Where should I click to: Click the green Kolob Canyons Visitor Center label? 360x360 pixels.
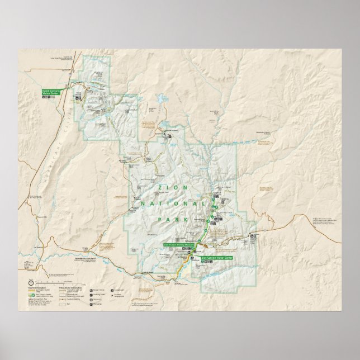(x=50, y=91)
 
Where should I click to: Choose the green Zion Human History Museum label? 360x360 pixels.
(x=178, y=245)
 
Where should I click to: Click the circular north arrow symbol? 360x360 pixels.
(x=30, y=282)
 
